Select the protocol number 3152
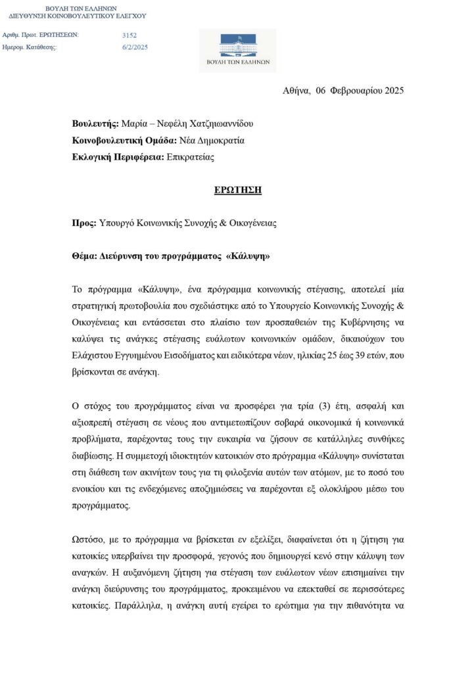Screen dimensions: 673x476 130,35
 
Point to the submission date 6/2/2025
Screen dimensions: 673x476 135,47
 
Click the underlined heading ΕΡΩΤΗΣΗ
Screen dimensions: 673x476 237,190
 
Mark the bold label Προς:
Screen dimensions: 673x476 83,223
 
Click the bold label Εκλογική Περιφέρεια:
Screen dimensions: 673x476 118,156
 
